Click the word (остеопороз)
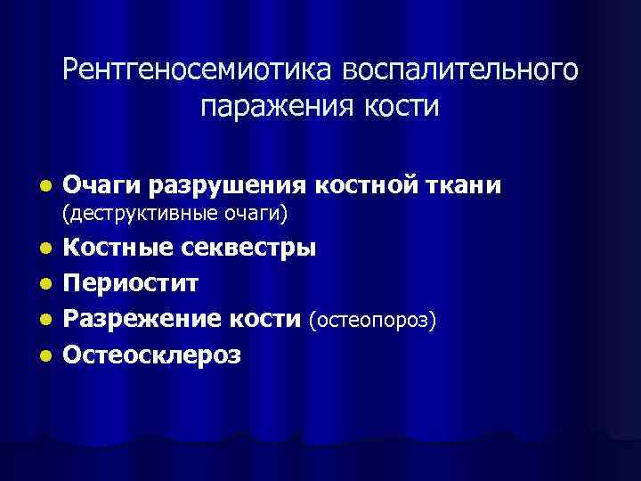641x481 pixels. [x=372, y=319]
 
